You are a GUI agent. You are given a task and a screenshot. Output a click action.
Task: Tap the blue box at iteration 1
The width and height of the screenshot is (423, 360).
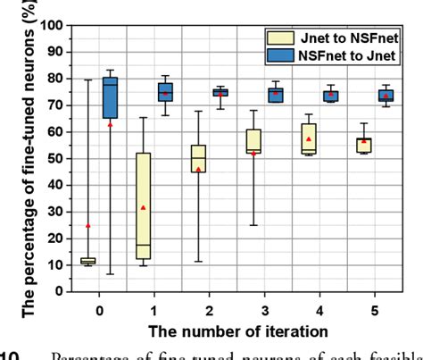(x=165, y=93)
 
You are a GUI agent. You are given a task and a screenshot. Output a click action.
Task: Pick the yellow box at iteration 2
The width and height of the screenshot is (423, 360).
(x=198, y=158)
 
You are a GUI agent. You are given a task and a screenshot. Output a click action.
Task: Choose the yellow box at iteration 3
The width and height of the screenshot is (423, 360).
(x=253, y=141)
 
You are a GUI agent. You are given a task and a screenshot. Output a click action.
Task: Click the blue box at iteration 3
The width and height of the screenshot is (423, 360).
(x=277, y=95)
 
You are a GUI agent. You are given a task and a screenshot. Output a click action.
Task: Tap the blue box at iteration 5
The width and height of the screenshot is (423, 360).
(x=386, y=96)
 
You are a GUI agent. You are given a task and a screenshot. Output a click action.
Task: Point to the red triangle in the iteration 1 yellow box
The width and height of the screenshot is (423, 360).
(x=143, y=207)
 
